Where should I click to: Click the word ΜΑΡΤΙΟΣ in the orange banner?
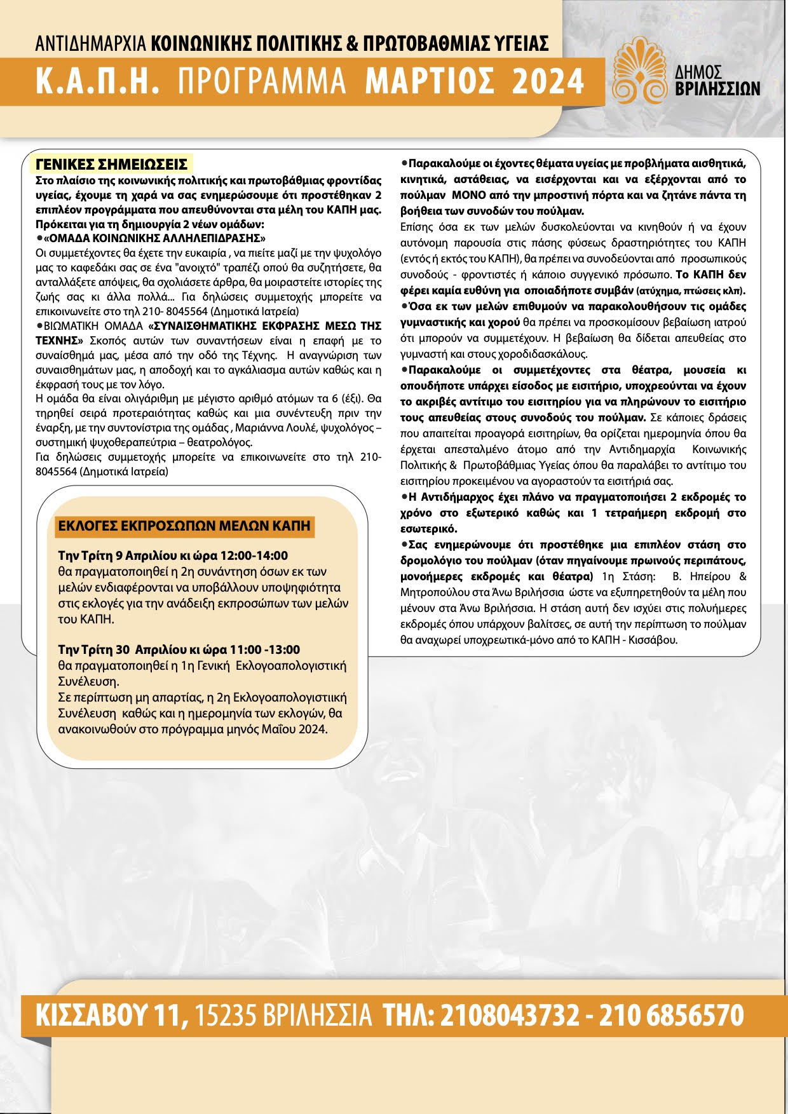[x=430, y=81]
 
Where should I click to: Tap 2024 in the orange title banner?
[x=548, y=81]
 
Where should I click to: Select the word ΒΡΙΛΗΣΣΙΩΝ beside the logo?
[x=717, y=88]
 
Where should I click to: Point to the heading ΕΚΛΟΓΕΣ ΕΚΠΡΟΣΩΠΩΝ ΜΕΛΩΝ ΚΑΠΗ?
[x=184, y=526]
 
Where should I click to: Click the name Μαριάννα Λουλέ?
[x=285, y=428]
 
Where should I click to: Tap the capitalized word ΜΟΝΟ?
[x=468, y=195]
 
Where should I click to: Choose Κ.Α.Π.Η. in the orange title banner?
[x=97, y=81]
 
